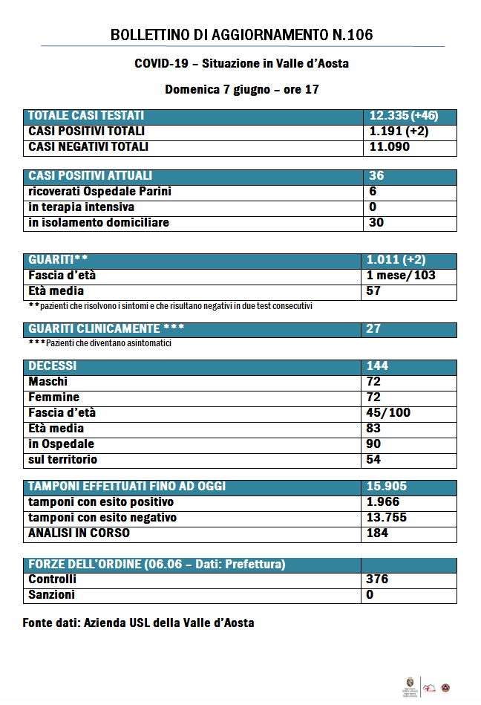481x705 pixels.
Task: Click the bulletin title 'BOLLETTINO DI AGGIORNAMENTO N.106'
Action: (x=241, y=35)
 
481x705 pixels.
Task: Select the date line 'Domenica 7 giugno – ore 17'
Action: (x=241, y=89)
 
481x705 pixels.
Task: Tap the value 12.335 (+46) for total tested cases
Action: (x=403, y=116)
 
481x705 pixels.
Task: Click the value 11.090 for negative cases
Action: (x=390, y=147)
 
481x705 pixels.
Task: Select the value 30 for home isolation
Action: (x=376, y=223)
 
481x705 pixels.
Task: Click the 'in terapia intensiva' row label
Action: (x=82, y=207)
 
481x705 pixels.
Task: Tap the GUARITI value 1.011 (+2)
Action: (x=396, y=260)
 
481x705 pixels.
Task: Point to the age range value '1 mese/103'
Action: (x=401, y=276)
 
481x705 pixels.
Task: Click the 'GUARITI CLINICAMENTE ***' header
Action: (x=106, y=329)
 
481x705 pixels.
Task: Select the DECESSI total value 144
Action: (x=377, y=366)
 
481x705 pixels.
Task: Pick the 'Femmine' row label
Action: (x=54, y=397)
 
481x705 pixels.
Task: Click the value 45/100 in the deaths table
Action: (x=388, y=413)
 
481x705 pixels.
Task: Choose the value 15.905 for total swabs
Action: (x=387, y=487)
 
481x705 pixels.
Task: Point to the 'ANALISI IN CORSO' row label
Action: (x=79, y=533)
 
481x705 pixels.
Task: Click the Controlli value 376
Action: (x=377, y=579)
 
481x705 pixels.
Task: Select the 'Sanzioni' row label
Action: (x=52, y=595)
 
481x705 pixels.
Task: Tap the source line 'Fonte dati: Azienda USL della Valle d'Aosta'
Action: (x=138, y=623)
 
